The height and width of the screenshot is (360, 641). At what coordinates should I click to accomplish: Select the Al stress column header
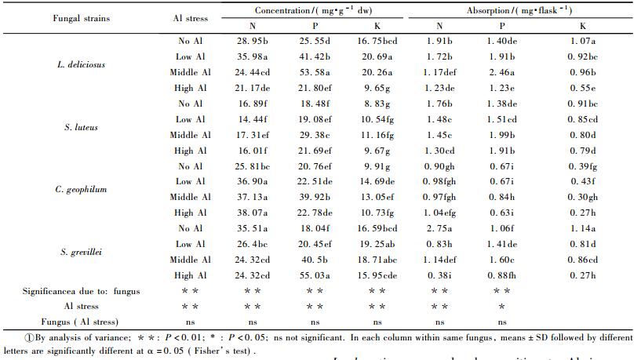(192, 17)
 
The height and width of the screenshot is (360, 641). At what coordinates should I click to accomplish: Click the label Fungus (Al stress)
(82, 321)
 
